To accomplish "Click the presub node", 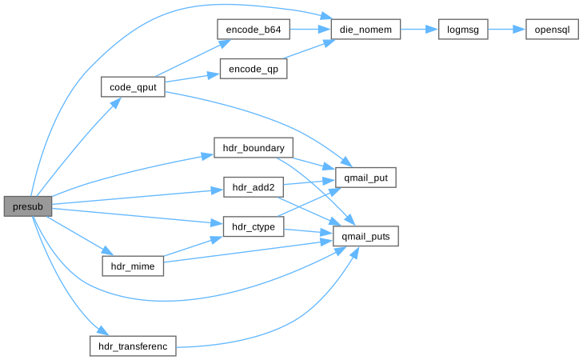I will pos(28,206).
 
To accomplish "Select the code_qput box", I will pos(133,87).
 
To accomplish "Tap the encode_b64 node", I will pos(253,27).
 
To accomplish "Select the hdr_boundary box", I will pos(254,148).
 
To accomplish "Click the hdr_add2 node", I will pos(253,188).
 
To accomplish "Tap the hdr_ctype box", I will pos(253,228).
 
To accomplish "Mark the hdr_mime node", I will pos(133,265).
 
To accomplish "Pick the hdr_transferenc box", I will pos(133,346).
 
